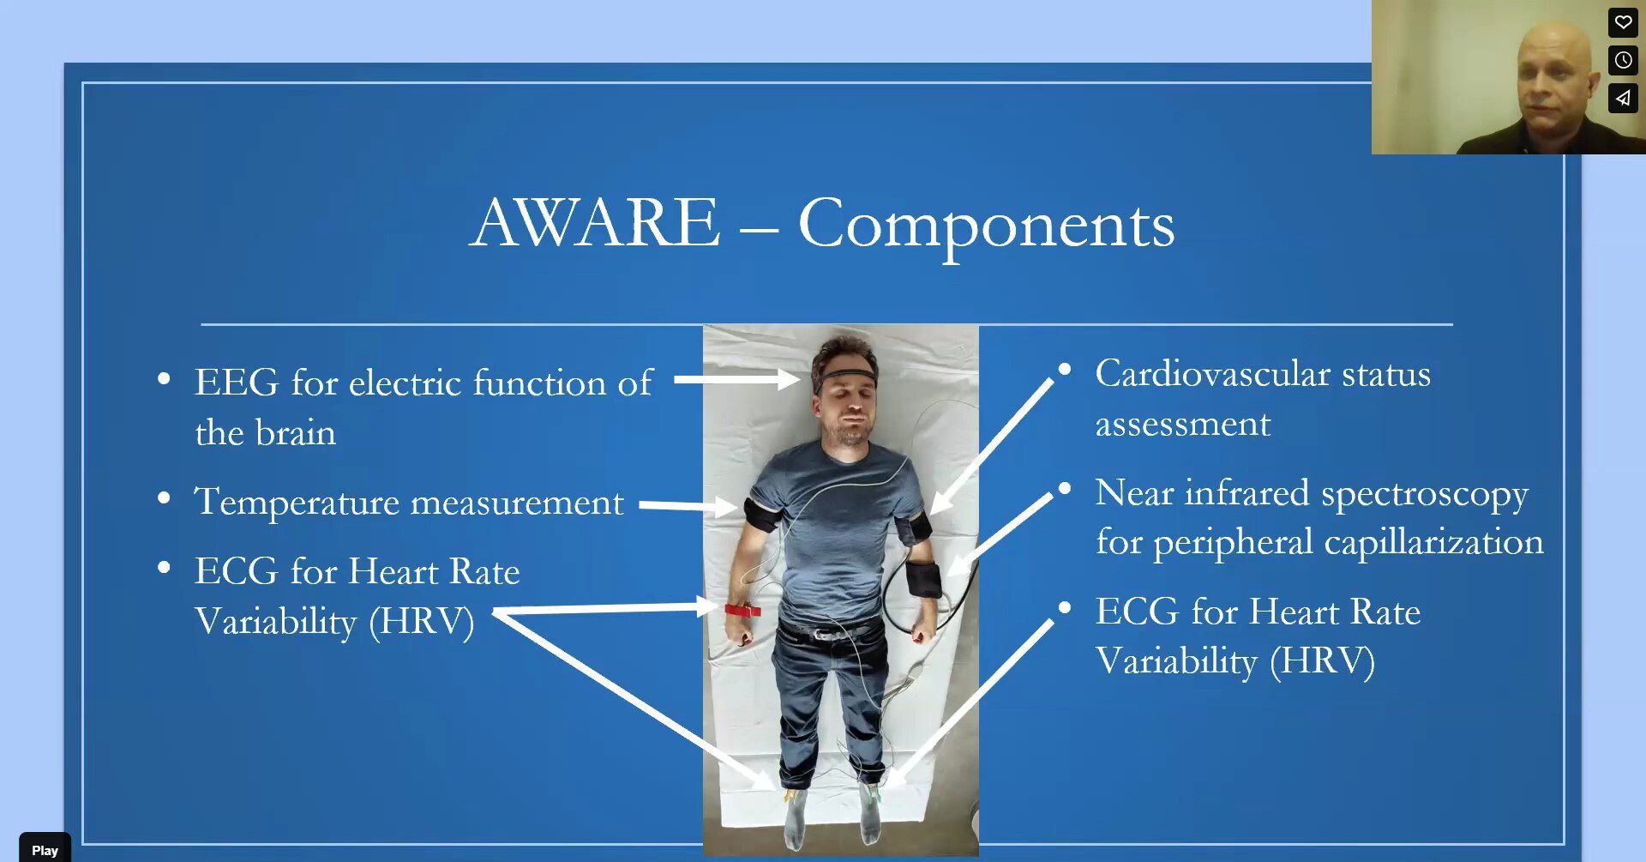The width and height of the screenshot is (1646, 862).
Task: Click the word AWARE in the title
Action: point(596,223)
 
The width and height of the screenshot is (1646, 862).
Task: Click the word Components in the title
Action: point(986,226)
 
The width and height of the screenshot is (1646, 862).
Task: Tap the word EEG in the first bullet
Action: point(237,383)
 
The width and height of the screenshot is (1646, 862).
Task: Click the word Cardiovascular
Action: point(1212,374)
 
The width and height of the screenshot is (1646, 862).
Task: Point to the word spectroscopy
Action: point(1425,495)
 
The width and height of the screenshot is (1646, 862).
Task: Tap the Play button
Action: point(45,849)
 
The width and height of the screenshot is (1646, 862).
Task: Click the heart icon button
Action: point(1623,21)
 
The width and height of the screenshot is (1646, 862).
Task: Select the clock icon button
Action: point(1623,60)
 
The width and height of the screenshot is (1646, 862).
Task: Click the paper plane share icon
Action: point(1623,98)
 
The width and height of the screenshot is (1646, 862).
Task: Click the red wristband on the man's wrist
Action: point(742,611)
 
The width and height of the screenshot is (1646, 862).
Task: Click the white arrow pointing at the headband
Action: point(736,378)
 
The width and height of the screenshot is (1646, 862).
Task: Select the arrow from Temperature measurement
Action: point(688,506)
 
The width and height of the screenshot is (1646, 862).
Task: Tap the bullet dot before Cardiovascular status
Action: point(1065,370)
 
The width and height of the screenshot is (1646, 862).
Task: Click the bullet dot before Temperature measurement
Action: point(164,498)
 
